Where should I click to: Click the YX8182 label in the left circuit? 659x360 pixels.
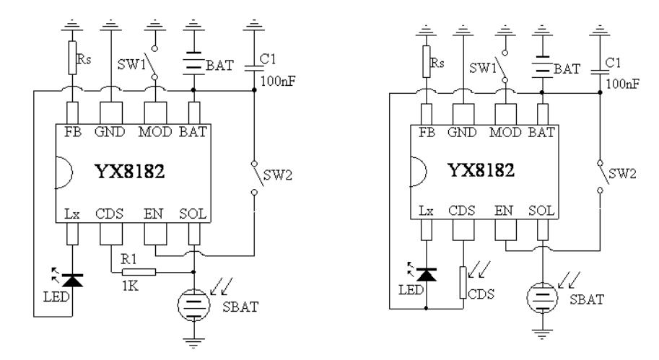(130, 172)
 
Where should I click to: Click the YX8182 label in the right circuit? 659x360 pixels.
(481, 170)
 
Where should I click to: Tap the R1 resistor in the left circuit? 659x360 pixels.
(139, 272)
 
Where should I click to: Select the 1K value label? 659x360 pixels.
(130, 286)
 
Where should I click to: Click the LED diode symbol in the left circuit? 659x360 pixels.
(72, 280)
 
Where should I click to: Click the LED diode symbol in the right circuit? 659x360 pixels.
(426, 275)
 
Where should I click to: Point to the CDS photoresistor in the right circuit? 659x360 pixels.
(463, 282)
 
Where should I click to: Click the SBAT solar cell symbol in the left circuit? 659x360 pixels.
(193, 305)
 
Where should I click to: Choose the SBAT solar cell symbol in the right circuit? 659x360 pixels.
(542, 297)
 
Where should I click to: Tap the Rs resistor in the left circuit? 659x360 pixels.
(72, 58)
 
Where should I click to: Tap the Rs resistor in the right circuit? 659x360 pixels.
(426, 62)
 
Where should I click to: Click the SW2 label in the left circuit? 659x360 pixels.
(277, 175)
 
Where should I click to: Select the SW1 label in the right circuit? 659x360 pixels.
(483, 68)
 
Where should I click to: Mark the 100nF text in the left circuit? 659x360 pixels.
(278, 81)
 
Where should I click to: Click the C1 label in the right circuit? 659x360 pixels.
(613, 63)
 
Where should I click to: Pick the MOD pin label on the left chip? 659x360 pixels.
(155, 132)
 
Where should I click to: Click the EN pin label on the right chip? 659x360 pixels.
(504, 210)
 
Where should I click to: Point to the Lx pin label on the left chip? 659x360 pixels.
(72, 214)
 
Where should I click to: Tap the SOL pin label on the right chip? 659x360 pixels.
(541, 210)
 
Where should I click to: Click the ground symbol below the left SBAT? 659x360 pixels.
(193, 343)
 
